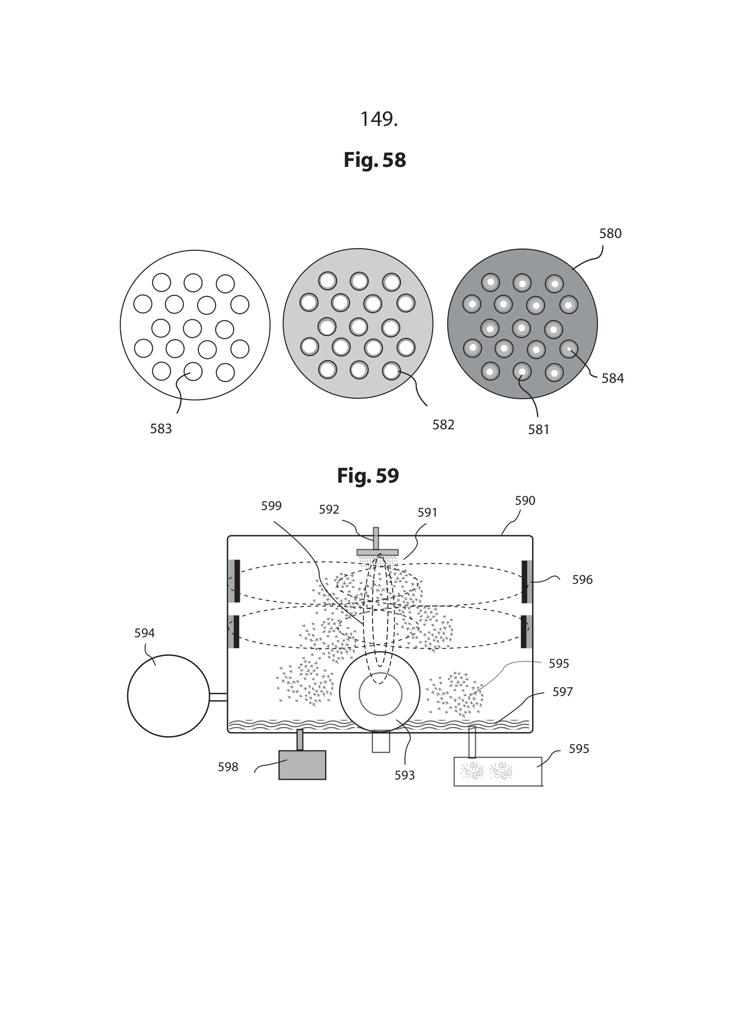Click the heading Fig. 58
(x=374, y=160)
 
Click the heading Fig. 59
(x=368, y=476)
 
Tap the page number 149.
(x=379, y=119)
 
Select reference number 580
(x=610, y=234)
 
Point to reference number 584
(x=613, y=378)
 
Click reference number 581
(x=538, y=430)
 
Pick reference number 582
(x=443, y=425)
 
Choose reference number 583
(x=161, y=429)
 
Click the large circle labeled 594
(x=168, y=696)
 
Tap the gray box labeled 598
(x=302, y=765)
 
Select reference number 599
(x=271, y=506)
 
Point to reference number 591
(x=427, y=512)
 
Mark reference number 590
(x=525, y=501)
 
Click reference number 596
(x=582, y=580)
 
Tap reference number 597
(x=562, y=692)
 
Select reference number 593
(x=404, y=775)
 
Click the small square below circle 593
(x=381, y=742)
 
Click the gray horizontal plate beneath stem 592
(x=377, y=552)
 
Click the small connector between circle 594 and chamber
(x=218, y=697)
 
